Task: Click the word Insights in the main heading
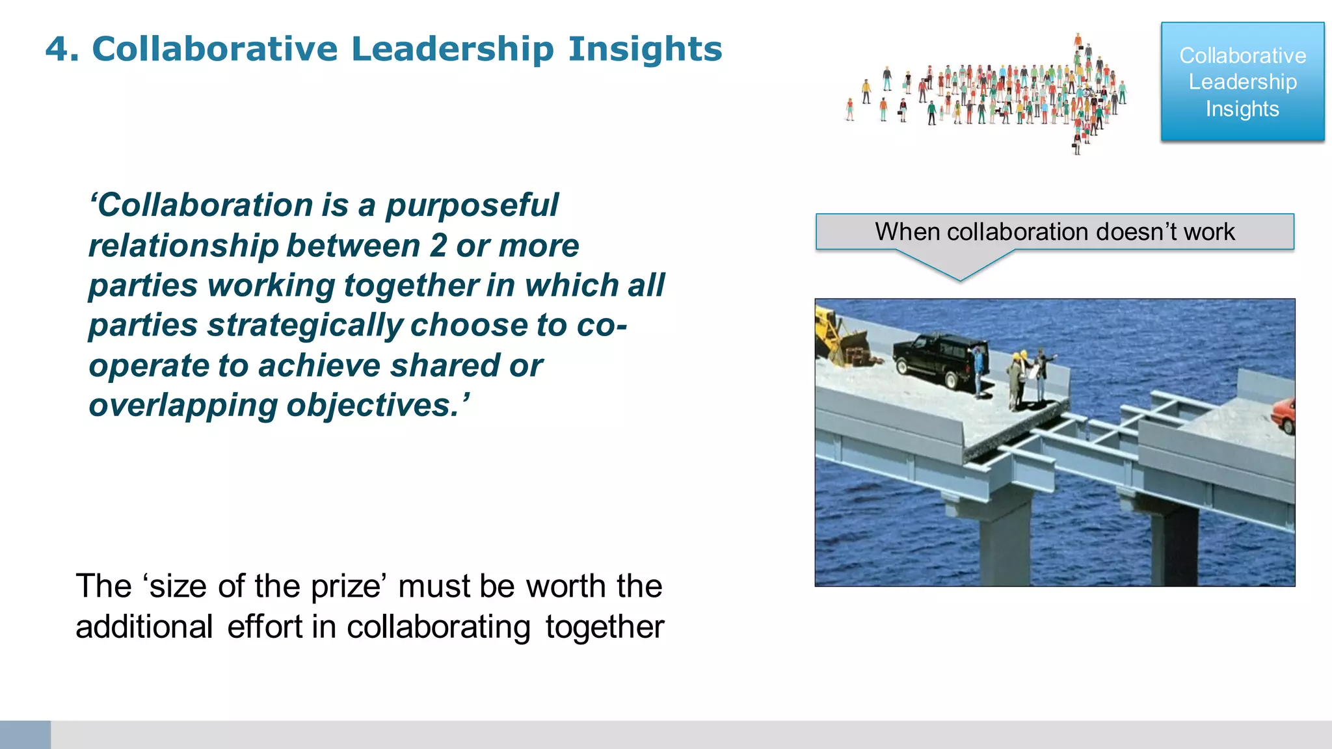tap(645, 49)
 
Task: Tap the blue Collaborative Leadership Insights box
tap(1242, 82)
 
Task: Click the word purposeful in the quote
tap(472, 205)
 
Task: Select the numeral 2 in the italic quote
tap(438, 246)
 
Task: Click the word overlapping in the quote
tap(183, 406)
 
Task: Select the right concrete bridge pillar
tap(1174, 546)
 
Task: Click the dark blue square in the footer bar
tap(25, 735)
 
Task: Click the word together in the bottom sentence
tap(604, 627)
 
